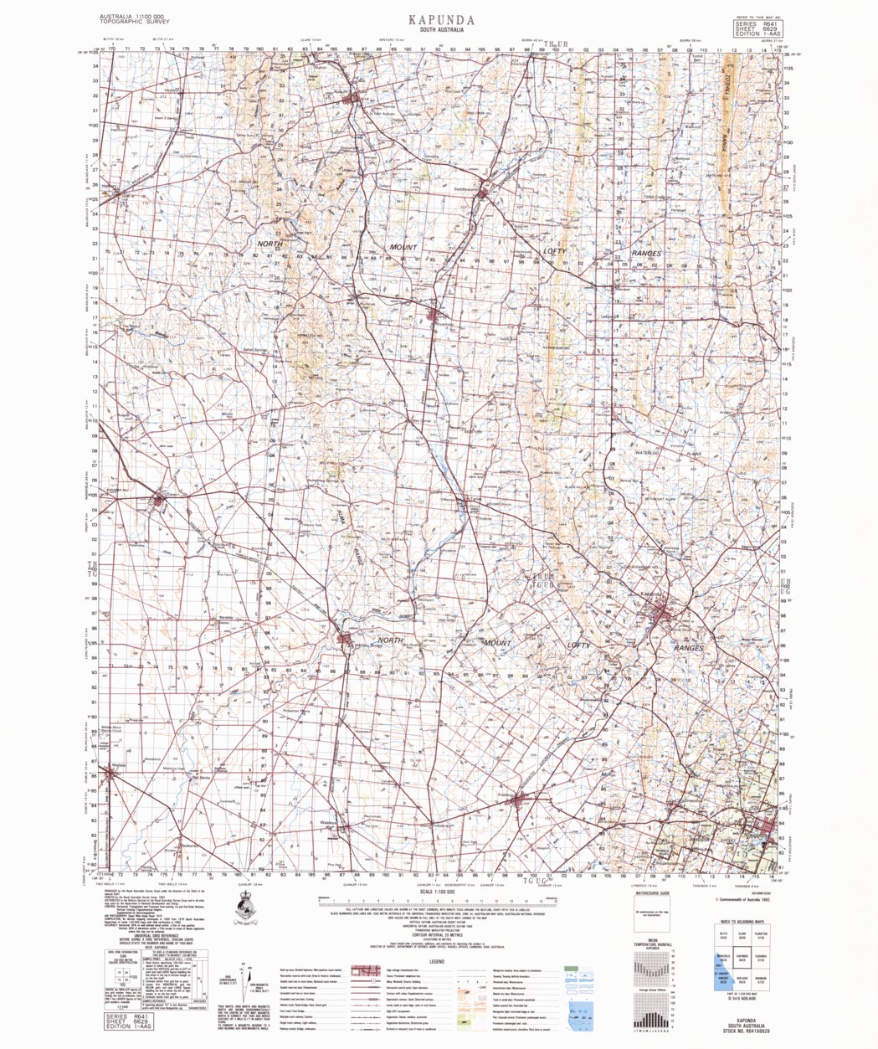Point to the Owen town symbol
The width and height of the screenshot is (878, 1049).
pyautogui.click(x=158, y=501)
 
